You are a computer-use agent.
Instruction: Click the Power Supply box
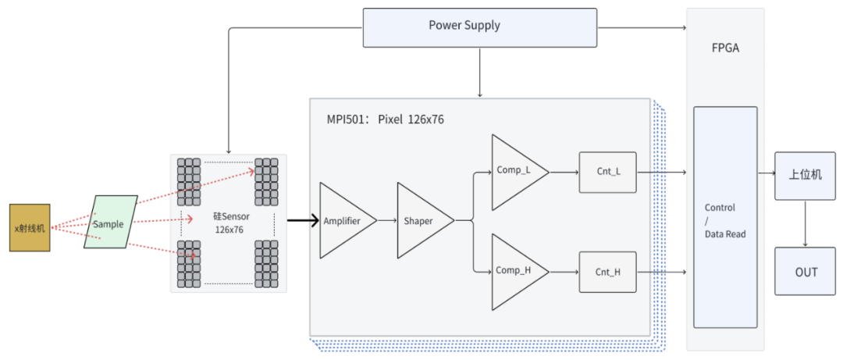[x=479, y=26]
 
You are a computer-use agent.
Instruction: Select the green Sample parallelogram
[x=110, y=223]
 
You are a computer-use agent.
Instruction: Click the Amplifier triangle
[x=342, y=221]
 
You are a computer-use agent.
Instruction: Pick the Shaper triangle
[x=419, y=221]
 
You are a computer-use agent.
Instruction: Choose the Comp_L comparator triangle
[x=514, y=172]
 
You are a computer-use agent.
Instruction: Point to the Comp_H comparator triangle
[x=514, y=271]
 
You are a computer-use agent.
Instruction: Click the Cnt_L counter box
[x=607, y=172]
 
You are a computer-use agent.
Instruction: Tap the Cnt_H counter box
[x=607, y=271]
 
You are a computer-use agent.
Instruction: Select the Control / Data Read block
[x=725, y=217]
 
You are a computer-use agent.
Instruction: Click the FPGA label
[x=725, y=48]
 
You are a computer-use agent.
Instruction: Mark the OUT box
[x=806, y=271]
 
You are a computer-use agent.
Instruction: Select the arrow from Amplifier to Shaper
[x=386, y=221]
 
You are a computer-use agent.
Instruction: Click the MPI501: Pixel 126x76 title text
[x=385, y=120]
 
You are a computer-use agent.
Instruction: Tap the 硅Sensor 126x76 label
[x=229, y=223]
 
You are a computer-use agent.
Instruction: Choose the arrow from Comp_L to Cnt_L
[x=564, y=172]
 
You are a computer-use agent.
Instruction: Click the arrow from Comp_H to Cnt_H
[x=564, y=271]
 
